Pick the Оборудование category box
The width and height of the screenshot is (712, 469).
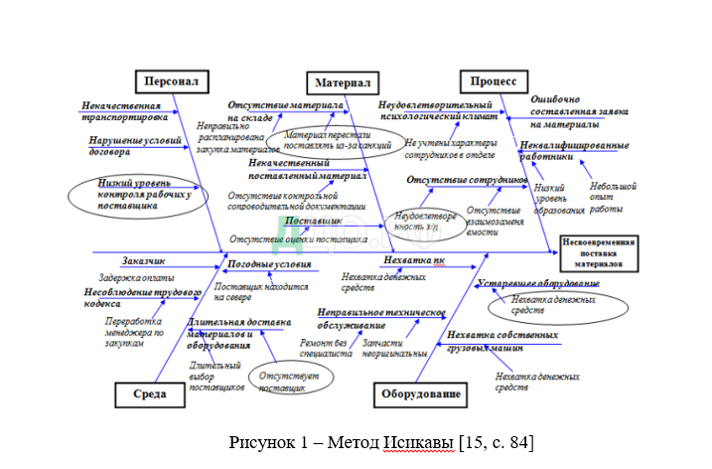pyautogui.click(x=420, y=395)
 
